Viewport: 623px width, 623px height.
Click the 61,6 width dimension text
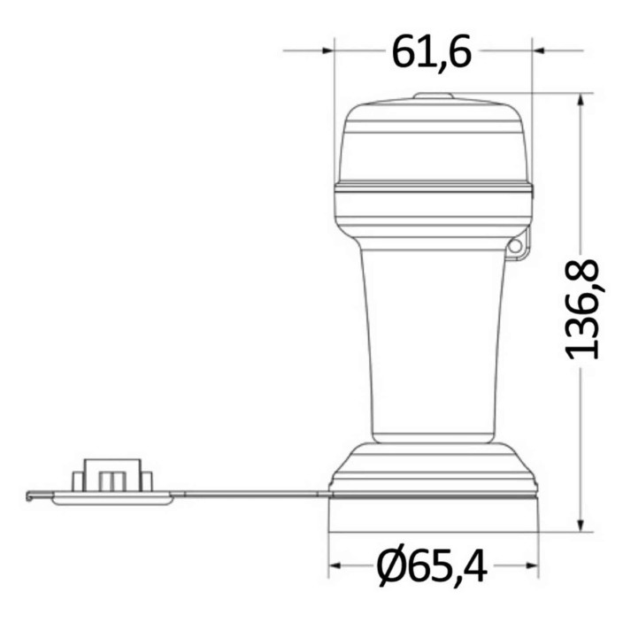click(432, 51)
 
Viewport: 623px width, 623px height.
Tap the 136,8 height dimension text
click(581, 310)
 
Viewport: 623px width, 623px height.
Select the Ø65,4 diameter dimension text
click(432, 565)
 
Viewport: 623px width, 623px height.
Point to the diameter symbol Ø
click(391, 565)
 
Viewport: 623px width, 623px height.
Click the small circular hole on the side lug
click(515, 246)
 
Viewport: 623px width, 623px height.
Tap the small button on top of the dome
click(433, 96)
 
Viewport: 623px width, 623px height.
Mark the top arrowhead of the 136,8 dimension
click(581, 100)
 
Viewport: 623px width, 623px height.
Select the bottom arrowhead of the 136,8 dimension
click(581, 525)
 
